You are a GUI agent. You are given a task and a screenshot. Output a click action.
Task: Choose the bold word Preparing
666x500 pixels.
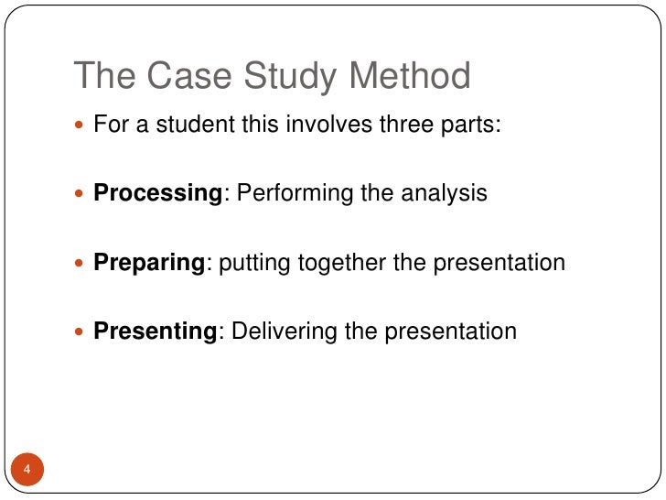coord(150,263)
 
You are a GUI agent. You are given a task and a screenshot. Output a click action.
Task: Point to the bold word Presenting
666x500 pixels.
coord(155,331)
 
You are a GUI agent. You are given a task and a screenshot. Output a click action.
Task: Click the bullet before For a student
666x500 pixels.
coord(81,126)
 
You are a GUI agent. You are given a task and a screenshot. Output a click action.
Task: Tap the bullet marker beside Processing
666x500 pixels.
coord(81,195)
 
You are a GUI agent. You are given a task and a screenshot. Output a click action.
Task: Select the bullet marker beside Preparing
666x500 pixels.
coord(81,264)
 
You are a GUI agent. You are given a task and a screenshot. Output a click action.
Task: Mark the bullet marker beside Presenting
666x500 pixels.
coord(81,332)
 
